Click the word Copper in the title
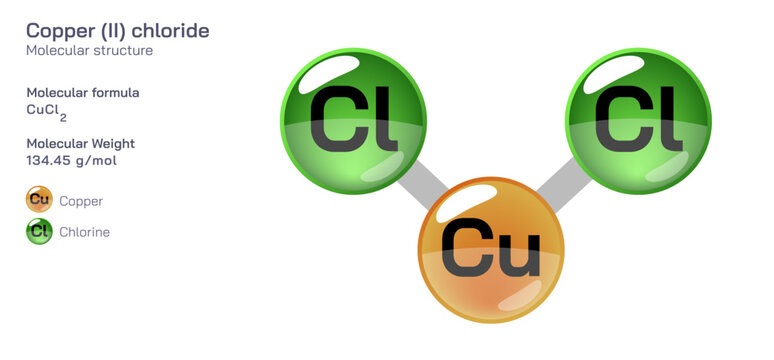point(59,31)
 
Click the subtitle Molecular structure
point(89,50)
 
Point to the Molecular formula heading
point(83,93)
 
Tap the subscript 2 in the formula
point(63,117)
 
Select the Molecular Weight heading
point(80,143)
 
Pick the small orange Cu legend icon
point(39,200)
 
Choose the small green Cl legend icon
point(39,232)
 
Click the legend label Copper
point(81,201)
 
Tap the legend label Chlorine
point(84,232)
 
